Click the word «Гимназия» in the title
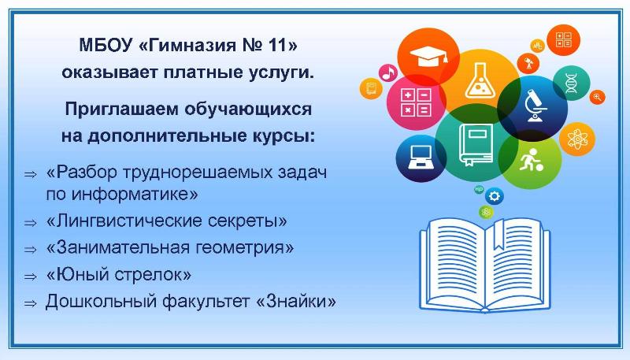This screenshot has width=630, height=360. coord(186,45)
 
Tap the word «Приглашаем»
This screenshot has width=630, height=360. coord(121,109)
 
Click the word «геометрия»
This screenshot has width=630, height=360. coord(245,248)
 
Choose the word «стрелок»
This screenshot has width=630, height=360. coord(153,275)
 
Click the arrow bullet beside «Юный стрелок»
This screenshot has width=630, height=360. coord(31,276)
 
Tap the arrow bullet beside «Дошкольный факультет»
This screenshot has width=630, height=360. coord(31,303)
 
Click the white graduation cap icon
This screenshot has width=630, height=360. coord(428,56)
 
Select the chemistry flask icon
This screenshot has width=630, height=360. coord(480,81)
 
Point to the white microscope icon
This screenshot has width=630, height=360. coord(535,106)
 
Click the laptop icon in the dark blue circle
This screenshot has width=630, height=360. coord(421,157)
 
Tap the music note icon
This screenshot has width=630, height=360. coord(388,73)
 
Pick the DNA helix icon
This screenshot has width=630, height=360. coord(571,84)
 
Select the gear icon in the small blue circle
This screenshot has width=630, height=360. coord(495,196)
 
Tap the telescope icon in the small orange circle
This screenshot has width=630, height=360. coord(528,63)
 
